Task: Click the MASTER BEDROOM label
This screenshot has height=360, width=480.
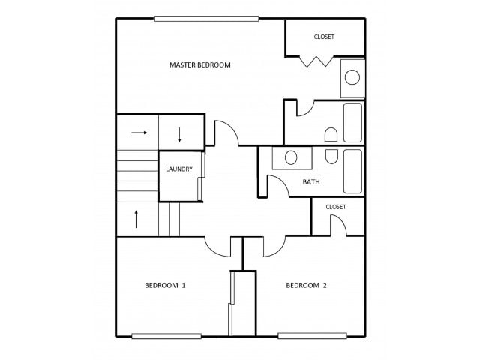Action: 200,65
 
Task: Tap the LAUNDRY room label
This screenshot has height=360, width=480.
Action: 179,169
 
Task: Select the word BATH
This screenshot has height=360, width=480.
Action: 311,182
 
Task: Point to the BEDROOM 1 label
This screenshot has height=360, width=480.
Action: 165,285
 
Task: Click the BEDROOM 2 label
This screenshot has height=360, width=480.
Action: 306,285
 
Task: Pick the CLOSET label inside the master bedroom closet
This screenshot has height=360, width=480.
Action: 324,37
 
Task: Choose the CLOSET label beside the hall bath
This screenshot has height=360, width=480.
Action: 336,207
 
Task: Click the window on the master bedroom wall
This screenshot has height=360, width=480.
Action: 206,19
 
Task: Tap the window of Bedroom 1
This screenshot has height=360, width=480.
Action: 166,336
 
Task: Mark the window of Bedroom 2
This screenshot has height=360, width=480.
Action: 312,336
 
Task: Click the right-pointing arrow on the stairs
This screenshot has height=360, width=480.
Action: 139,133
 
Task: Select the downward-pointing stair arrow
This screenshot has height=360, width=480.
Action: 180,135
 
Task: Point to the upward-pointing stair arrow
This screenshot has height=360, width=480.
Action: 136,219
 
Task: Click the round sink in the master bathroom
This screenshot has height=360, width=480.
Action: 352,77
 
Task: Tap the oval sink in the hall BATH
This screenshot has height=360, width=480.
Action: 291,158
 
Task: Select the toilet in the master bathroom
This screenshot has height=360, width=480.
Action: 331,135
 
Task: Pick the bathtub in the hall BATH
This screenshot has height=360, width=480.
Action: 352,172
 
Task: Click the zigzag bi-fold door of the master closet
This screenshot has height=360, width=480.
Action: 316,61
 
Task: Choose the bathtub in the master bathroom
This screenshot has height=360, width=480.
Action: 352,123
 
